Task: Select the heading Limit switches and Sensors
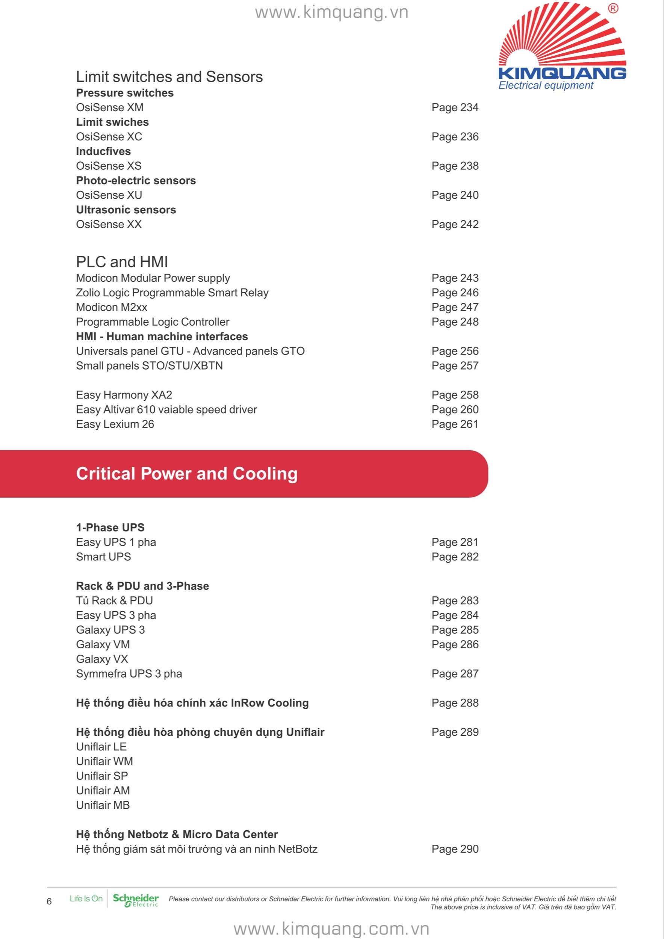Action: click(169, 77)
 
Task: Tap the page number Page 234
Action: click(455, 107)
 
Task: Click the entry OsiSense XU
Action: click(109, 195)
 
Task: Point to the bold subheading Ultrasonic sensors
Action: click(126, 210)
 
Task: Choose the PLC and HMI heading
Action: click(122, 262)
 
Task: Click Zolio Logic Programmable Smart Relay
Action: click(172, 293)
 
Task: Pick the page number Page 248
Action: click(455, 322)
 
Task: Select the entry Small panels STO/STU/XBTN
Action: click(149, 365)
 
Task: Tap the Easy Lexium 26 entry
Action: click(115, 424)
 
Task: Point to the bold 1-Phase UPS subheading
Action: click(110, 528)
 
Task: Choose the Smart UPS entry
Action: click(103, 557)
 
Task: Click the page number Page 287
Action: click(455, 673)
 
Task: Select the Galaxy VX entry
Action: click(102, 659)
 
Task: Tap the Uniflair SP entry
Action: click(102, 776)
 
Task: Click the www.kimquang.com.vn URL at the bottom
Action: click(331, 928)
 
